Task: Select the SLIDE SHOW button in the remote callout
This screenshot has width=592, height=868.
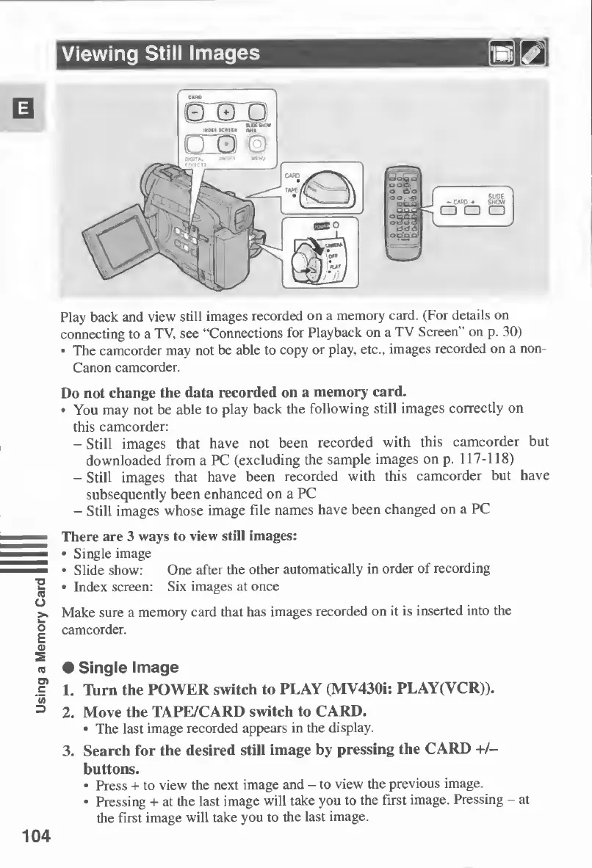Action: [497, 215]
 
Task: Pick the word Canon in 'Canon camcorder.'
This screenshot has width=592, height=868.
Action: [89, 366]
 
